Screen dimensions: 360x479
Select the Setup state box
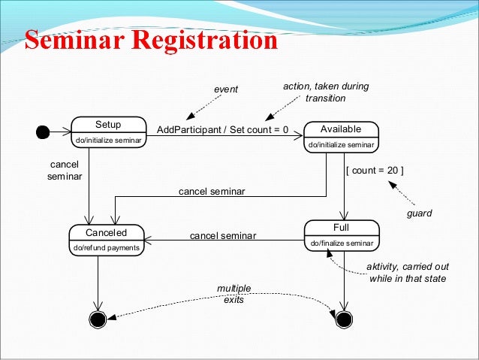(x=107, y=132)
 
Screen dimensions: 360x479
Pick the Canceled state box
(x=106, y=239)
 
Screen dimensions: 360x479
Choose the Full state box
(x=340, y=234)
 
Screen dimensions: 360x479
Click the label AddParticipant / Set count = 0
(x=222, y=129)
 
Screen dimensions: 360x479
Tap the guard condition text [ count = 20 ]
(x=374, y=170)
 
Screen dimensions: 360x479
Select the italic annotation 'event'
(x=225, y=89)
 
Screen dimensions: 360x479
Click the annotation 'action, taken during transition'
(x=326, y=92)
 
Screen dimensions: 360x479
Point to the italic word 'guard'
(x=419, y=214)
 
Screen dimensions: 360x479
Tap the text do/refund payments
(x=106, y=247)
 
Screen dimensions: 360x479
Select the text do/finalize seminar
(x=342, y=243)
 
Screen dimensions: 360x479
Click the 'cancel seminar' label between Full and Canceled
(x=222, y=235)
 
